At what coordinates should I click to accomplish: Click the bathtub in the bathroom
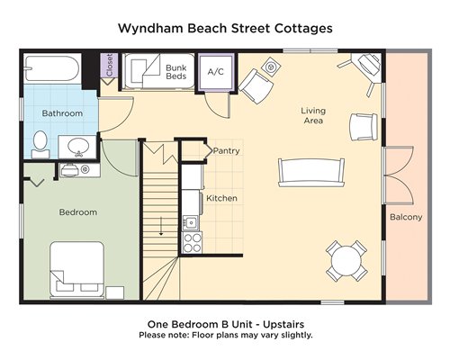pos(52,68)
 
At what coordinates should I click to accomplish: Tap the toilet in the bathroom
pos(40,145)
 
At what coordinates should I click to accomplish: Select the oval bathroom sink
pos(78,147)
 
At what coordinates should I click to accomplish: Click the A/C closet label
pos(216,72)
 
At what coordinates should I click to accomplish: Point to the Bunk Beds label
pos(176,72)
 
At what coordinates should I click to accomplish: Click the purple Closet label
pos(109,65)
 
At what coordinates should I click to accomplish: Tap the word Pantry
pos(226,150)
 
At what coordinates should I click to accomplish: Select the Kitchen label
pos(221,198)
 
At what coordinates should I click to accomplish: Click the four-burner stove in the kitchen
pos(193,243)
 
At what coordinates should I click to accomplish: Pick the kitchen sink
pos(190,222)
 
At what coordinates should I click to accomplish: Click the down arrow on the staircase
pos(161,226)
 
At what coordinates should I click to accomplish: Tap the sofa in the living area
pos(311,173)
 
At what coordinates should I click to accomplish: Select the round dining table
pos(346,261)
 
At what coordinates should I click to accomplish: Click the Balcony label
pos(406,217)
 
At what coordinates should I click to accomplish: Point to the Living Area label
pos(313,115)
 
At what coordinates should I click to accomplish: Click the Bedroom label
pos(78,212)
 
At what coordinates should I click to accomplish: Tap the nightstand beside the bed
pos(115,292)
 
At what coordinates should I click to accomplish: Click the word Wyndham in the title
pos(150,29)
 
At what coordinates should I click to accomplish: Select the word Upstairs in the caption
pos(283,324)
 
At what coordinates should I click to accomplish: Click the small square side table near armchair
pos(271,67)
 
